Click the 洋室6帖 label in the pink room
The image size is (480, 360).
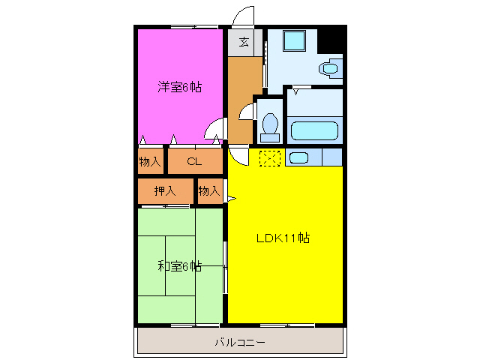[x=179, y=86]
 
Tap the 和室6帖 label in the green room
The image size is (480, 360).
[x=179, y=266]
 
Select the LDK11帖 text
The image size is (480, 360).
[x=283, y=238]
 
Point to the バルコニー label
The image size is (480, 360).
[x=239, y=342]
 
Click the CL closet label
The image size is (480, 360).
[x=194, y=160]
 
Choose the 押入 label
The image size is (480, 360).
[x=166, y=191]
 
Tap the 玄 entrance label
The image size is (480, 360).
[x=244, y=41]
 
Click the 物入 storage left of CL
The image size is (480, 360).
[x=150, y=160]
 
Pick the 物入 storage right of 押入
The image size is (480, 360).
[x=209, y=191]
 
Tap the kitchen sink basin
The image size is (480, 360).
[x=298, y=157]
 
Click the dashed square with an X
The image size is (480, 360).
[x=269, y=157]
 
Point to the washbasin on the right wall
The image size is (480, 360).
[x=329, y=69]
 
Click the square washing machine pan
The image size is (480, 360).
[x=293, y=41]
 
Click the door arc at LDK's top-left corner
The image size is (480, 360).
[x=238, y=156]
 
